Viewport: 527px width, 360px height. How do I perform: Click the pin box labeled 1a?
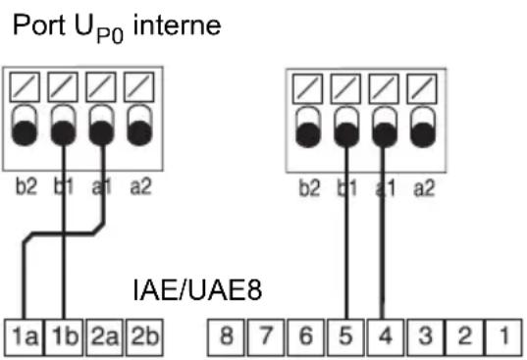[24, 337]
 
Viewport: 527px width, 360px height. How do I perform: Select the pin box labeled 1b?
[64, 337]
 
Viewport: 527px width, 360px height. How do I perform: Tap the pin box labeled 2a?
[105, 337]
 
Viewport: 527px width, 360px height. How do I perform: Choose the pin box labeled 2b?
[144, 337]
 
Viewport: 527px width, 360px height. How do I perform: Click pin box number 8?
[226, 337]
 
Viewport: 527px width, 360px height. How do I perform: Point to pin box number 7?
[266, 337]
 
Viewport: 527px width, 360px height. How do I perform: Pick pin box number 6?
[305, 337]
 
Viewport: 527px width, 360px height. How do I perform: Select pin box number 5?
[345, 337]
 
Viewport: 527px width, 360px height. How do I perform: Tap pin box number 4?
[385, 337]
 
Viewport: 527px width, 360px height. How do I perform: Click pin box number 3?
[426, 337]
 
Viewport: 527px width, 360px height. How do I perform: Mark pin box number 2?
[465, 337]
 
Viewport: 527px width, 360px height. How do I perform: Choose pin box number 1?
[503, 337]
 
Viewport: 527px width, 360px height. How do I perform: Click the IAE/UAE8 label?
[197, 289]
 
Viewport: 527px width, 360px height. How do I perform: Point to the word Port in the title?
[39, 26]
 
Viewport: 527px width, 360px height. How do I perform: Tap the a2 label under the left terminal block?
[140, 186]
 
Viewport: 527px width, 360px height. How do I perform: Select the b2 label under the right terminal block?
[309, 188]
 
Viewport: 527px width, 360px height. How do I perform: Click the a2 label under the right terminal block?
[424, 188]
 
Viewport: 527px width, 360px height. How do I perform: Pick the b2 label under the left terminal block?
[26, 186]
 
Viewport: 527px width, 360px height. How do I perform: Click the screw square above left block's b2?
[25, 87]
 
